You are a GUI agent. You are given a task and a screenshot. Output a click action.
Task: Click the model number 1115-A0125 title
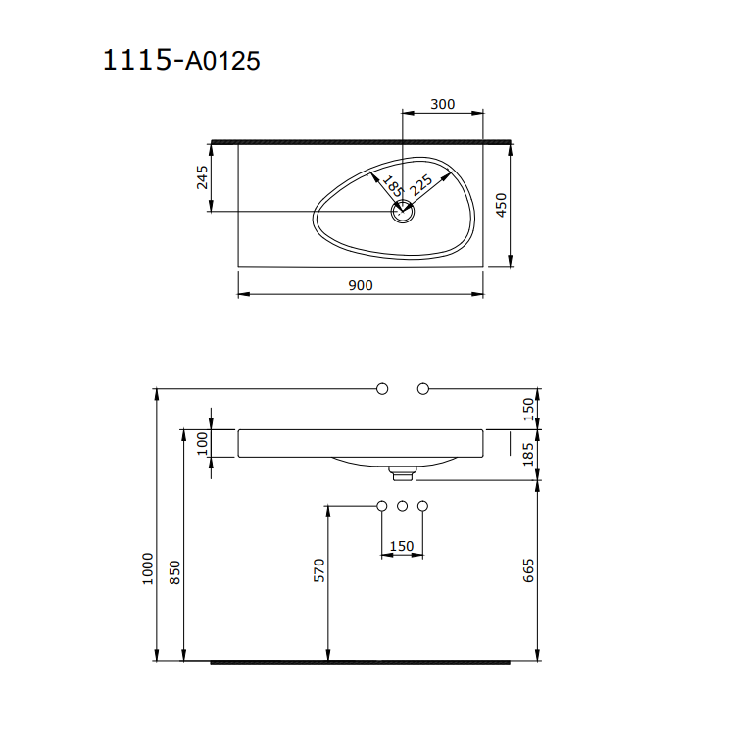[x=181, y=61]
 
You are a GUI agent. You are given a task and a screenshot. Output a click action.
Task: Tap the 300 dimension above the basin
[x=443, y=104]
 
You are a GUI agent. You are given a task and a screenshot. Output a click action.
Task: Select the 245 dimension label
[x=203, y=176]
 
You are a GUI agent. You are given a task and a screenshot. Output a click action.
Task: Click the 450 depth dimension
[x=500, y=204]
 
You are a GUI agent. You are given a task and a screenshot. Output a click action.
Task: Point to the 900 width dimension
[x=361, y=285]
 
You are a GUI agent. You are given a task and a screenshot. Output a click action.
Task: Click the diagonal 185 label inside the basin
[x=392, y=185]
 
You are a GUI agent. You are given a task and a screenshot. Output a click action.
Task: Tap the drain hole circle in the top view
[x=403, y=211]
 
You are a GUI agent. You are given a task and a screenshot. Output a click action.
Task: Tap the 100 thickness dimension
[x=203, y=443]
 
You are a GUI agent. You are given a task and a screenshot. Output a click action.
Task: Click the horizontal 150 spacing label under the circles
[x=402, y=546]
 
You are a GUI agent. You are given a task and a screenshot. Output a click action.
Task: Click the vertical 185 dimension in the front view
[x=528, y=453]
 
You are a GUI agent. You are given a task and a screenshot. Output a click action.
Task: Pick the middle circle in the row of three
[x=403, y=506]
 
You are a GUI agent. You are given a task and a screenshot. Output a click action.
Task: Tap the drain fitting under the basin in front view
[x=403, y=473]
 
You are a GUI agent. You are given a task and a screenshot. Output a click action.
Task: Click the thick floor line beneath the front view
[x=361, y=662]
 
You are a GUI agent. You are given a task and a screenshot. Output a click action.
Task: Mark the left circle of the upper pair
[x=382, y=389]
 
